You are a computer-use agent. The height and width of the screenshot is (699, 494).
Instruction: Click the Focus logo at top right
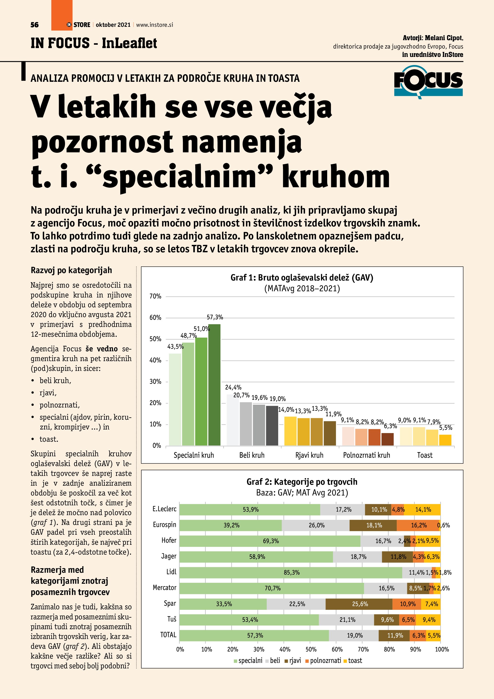(x=428, y=82)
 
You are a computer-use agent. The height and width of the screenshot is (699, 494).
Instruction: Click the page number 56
(x=35, y=25)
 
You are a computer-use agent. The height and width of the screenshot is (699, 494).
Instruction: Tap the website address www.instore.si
(x=155, y=25)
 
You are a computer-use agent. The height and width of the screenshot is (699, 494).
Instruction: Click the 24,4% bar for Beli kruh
(x=233, y=420)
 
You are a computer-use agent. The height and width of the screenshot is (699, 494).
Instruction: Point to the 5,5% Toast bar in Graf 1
(x=445, y=440)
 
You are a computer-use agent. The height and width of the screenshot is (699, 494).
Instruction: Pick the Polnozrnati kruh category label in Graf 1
(x=367, y=455)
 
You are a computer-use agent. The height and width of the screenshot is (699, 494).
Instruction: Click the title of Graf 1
(x=302, y=278)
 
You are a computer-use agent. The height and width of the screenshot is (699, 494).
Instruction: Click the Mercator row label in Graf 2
(x=165, y=588)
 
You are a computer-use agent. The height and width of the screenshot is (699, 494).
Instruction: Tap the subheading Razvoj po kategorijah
(x=71, y=270)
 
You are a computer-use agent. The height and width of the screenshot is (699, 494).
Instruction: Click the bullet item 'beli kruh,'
(x=55, y=380)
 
